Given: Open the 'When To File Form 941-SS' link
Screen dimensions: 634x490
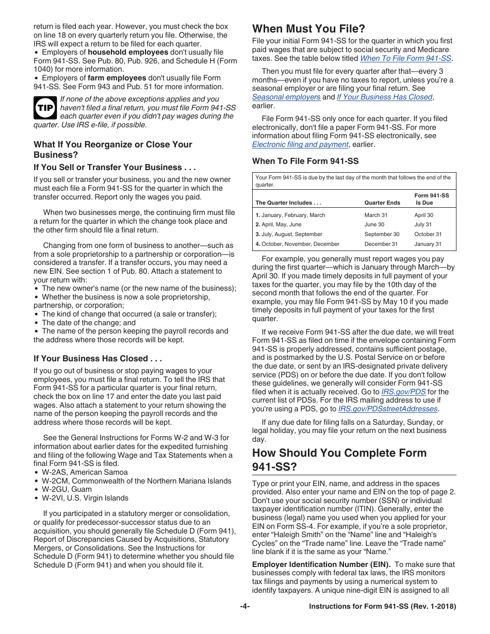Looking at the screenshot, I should (x=405, y=59).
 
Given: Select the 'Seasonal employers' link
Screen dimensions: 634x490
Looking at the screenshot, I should (x=286, y=97).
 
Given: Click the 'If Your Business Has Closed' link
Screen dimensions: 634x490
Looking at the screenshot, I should (x=384, y=97).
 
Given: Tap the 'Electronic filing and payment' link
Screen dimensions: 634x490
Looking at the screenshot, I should (x=300, y=144).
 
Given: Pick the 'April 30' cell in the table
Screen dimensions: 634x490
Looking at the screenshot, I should (x=423, y=215).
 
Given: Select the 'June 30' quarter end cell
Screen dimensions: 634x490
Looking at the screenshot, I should (x=374, y=225).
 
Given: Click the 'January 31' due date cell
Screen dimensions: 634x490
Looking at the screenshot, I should (x=428, y=244).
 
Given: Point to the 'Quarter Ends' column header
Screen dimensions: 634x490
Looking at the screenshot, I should (x=382, y=203).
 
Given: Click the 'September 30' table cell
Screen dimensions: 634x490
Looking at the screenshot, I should (x=382, y=234).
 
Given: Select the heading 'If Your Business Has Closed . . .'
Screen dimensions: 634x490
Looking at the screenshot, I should (x=98, y=358).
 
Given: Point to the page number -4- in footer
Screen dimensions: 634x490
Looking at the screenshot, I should (x=245, y=607).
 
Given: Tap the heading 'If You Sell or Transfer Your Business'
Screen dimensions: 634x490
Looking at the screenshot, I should (x=115, y=167).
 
